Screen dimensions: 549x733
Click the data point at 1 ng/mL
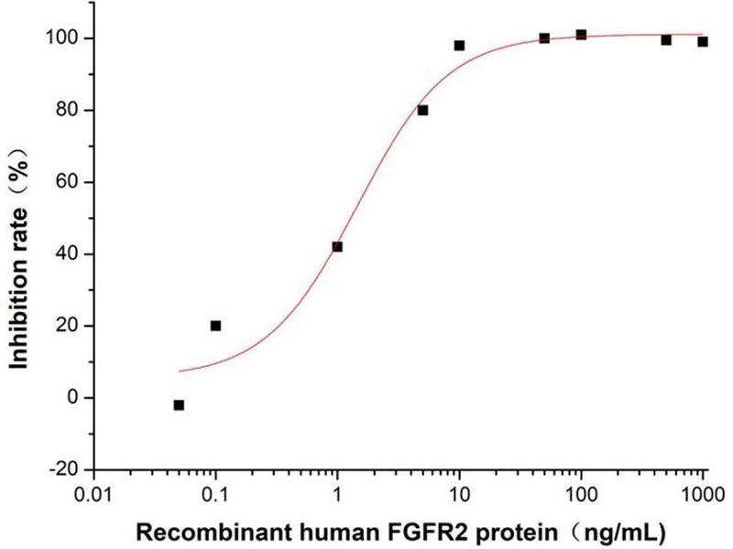click(x=337, y=246)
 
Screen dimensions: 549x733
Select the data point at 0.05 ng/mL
click(x=179, y=404)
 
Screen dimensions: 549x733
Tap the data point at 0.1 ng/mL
click(x=215, y=325)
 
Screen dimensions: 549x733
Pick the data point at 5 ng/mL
click(x=422, y=110)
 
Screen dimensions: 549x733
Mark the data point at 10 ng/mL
click(x=459, y=45)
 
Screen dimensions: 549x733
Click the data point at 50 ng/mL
click(x=544, y=38)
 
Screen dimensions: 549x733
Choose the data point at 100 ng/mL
click(x=581, y=35)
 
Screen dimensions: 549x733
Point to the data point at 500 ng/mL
click(x=666, y=39)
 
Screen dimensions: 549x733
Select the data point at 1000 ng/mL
click(x=703, y=41)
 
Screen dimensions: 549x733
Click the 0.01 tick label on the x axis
click(x=93, y=495)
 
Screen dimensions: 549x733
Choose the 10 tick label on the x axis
click(x=459, y=495)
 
